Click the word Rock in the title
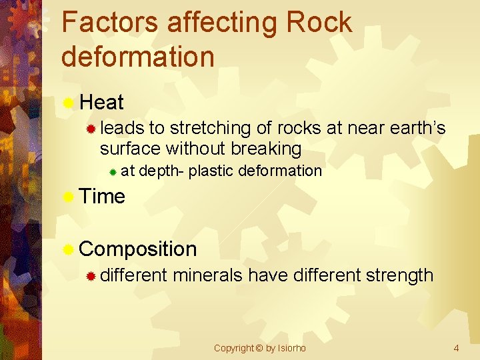[318, 23]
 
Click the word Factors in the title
[109, 23]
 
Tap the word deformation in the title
[137, 57]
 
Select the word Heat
[101, 103]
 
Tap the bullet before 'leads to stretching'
[92, 128]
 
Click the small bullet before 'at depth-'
[113, 172]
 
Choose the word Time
[102, 197]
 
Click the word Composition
[138, 249]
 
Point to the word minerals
[208, 275]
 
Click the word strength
[399, 275]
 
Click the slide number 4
[456, 348]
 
